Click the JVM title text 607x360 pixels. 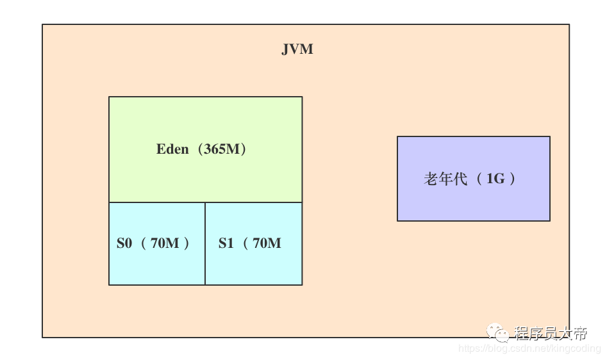pyautogui.click(x=297, y=49)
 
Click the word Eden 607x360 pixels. pyautogui.click(x=172, y=149)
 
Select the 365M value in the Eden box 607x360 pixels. pyautogui.click(x=222, y=149)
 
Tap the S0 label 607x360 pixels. pyautogui.click(x=124, y=243)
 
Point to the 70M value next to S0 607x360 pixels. pyautogui.click(x=165, y=243)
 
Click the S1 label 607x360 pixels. pyautogui.click(x=226, y=243)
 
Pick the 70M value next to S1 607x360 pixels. pyautogui.click(x=267, y=243)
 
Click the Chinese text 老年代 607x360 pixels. pyautogui.click(x=445, y=179)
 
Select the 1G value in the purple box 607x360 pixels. pyautogui.click(x=495, y=179)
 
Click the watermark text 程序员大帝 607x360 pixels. pyautogui.click(x=551, y=333)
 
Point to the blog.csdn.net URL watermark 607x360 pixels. pyautogui.click(x=529, y=348)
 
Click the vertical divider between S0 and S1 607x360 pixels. pyautogui.click(x=205, y=243)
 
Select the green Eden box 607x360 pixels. pyautogui.click(x=206, y=149)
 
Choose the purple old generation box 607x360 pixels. pyautogui.click(x=474, y=179)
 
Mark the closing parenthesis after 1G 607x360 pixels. pyautogui.click(x=512, y=179)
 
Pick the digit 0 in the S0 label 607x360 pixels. pyautogui.click(x=129, y=243)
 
